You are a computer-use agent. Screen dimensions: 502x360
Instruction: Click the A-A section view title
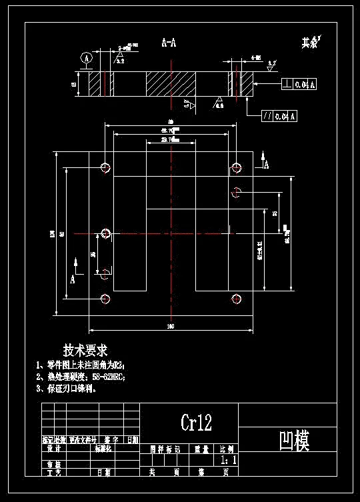169,43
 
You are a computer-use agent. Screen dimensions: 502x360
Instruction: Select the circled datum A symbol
86,59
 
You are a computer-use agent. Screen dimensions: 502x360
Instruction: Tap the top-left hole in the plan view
105,167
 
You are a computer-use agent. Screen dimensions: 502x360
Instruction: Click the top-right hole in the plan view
235,167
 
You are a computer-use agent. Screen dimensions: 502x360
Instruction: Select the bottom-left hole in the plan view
105,298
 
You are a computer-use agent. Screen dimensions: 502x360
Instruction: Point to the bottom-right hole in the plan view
235,298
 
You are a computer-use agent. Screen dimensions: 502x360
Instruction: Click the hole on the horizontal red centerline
105,233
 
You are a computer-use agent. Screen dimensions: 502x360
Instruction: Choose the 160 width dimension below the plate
170,326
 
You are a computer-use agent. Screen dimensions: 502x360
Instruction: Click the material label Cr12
196,422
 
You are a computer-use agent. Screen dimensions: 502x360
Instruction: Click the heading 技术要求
85,350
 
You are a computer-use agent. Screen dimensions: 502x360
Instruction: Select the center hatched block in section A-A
171,84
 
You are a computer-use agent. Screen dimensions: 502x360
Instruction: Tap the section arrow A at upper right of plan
265,161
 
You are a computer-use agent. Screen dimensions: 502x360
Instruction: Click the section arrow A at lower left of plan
73,274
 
